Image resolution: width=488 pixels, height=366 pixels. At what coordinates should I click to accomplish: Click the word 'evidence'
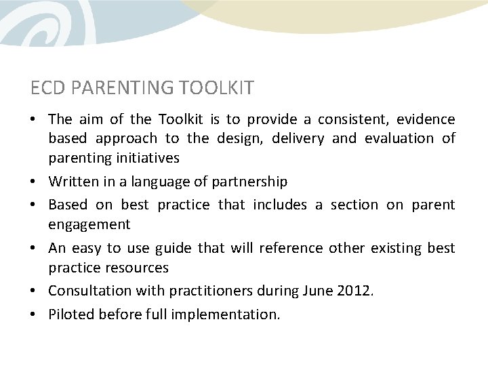(x=426, y=120)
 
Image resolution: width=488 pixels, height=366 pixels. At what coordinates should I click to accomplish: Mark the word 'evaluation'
(x=397, y=139)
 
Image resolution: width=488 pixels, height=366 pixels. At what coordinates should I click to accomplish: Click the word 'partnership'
(x=250, y=182)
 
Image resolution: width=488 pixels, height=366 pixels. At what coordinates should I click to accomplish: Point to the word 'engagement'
(x=89, y=224)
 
